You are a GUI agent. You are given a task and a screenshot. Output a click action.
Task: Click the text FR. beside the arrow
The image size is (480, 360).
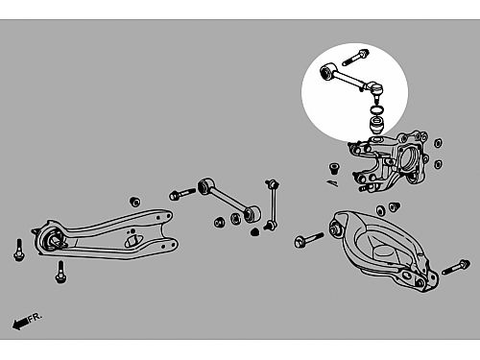[35, 317]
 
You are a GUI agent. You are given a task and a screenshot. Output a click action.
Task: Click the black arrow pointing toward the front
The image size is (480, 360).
[20, 324]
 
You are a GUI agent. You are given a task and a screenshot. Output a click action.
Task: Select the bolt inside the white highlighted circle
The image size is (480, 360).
[355, 58]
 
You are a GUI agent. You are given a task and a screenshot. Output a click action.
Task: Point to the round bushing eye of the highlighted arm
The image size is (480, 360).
[327, 71]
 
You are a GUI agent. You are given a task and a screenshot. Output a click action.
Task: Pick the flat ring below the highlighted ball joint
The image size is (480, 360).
[377, 110]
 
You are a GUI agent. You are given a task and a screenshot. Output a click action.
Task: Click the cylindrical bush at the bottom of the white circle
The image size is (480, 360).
[377, 126]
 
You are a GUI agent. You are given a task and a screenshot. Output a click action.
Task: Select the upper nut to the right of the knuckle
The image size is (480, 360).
[438, 143]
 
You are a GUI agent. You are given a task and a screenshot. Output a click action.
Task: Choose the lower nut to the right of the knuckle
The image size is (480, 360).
[438, 164]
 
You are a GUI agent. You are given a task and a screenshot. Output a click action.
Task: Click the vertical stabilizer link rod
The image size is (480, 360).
[273, 204]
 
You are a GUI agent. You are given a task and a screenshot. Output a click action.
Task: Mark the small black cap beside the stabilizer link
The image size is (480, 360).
[254, 232]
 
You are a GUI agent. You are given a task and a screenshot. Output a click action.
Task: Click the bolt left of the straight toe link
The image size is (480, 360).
[182, 194]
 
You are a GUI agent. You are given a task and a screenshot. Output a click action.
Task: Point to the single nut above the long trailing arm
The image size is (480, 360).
[135, 202]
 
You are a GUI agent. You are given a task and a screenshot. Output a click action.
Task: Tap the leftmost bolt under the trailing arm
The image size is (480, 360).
[18, 251]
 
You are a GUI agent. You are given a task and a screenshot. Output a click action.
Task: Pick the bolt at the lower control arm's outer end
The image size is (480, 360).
[456, 267]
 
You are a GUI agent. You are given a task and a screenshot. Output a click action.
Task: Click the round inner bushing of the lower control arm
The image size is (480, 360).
[336, 228]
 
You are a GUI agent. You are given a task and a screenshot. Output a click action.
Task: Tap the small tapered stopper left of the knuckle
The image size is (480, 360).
[334, 169]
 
